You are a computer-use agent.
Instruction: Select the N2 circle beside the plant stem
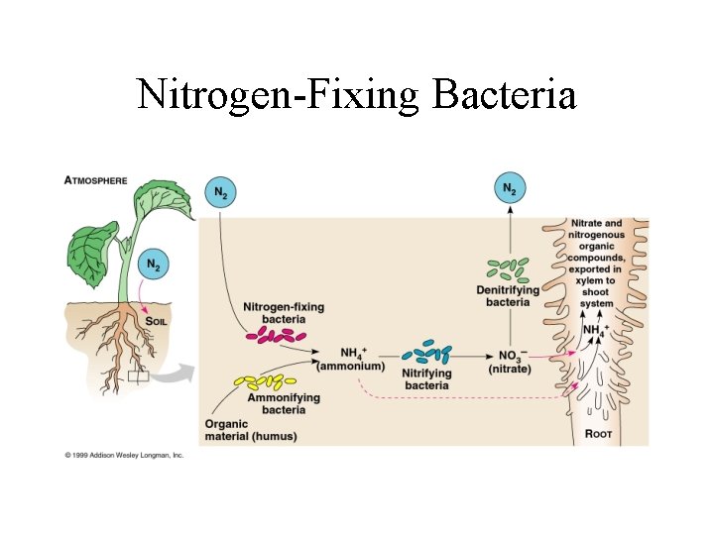[154, 265]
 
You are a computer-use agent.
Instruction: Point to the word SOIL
[156, 321]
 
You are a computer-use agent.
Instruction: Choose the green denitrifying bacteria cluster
[508, 267]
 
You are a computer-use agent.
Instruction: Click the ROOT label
[598, 433]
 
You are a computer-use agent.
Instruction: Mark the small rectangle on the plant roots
[137, 376]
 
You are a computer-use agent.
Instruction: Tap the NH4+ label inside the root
[596, 330]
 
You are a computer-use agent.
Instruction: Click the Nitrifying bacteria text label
[427, 379]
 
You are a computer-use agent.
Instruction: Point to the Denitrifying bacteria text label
[508, 296]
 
